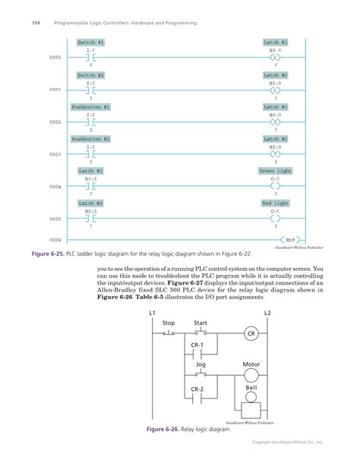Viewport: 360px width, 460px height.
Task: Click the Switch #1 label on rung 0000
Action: click(91, 43)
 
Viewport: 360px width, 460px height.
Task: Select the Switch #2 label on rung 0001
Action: click(91, 75)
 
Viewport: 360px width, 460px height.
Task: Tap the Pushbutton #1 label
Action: click(91, 107)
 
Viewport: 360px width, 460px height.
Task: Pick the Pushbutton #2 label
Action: click(91, 139)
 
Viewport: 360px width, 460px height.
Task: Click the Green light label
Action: click(275, 172)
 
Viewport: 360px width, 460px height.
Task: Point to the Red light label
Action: click(276, 203)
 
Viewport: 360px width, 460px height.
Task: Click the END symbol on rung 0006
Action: click(290, 239)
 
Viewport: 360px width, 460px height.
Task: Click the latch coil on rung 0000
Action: click(276, 58)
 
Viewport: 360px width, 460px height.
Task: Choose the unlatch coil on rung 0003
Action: click(276, 154)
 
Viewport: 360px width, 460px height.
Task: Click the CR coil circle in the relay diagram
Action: click(251, 334)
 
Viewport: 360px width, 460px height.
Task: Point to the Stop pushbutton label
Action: click(169, 323)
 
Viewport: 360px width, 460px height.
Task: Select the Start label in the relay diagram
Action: click(201, 323)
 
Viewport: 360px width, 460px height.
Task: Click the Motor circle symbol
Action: click(251, 376)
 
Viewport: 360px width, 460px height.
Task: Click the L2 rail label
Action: click(267, 313)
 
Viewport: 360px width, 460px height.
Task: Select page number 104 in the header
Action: click(35, 23)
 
